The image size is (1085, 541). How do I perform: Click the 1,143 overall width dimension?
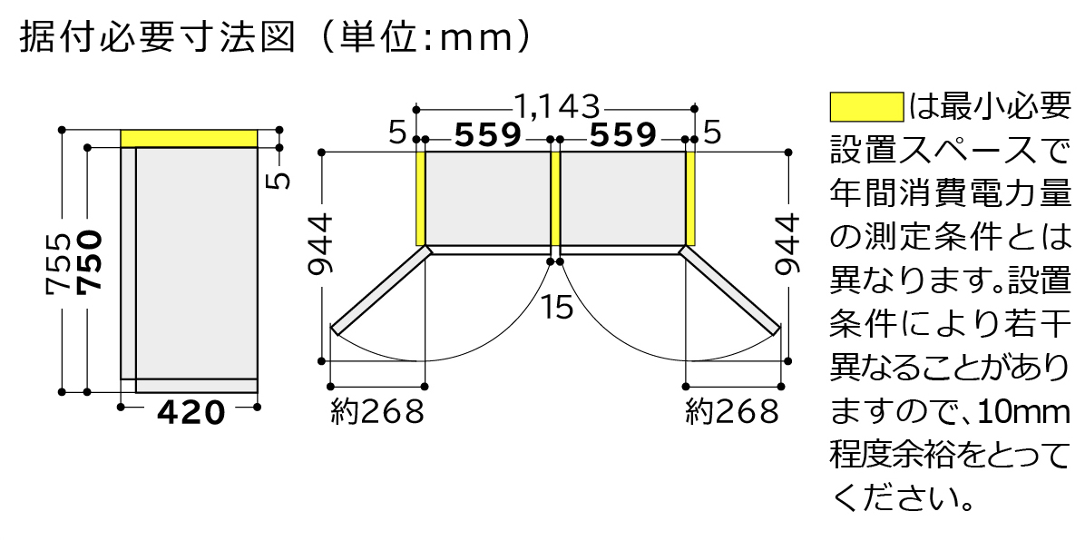pos(556,107)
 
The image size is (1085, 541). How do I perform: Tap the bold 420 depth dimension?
pos(191,413)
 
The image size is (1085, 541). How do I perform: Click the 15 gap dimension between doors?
pos(557,307)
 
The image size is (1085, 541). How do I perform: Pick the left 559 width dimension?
pos(488,136)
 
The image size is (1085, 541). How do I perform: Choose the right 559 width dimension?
pos(622,136)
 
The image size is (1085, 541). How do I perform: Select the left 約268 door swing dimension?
pos(376,413)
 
